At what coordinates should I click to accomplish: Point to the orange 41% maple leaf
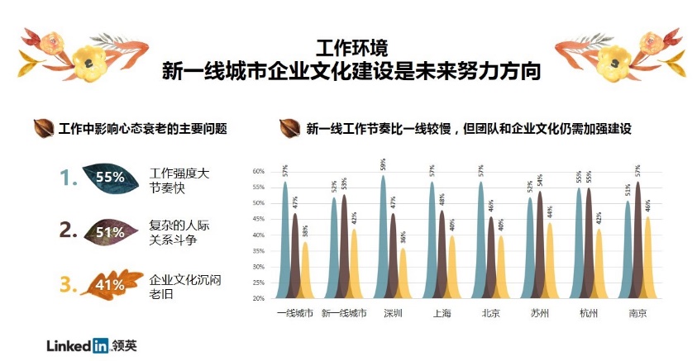(107, 285)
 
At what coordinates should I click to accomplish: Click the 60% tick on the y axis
(258, 172)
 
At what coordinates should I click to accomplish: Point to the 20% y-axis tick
(258, 298)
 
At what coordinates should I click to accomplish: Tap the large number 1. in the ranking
(67, 176)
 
